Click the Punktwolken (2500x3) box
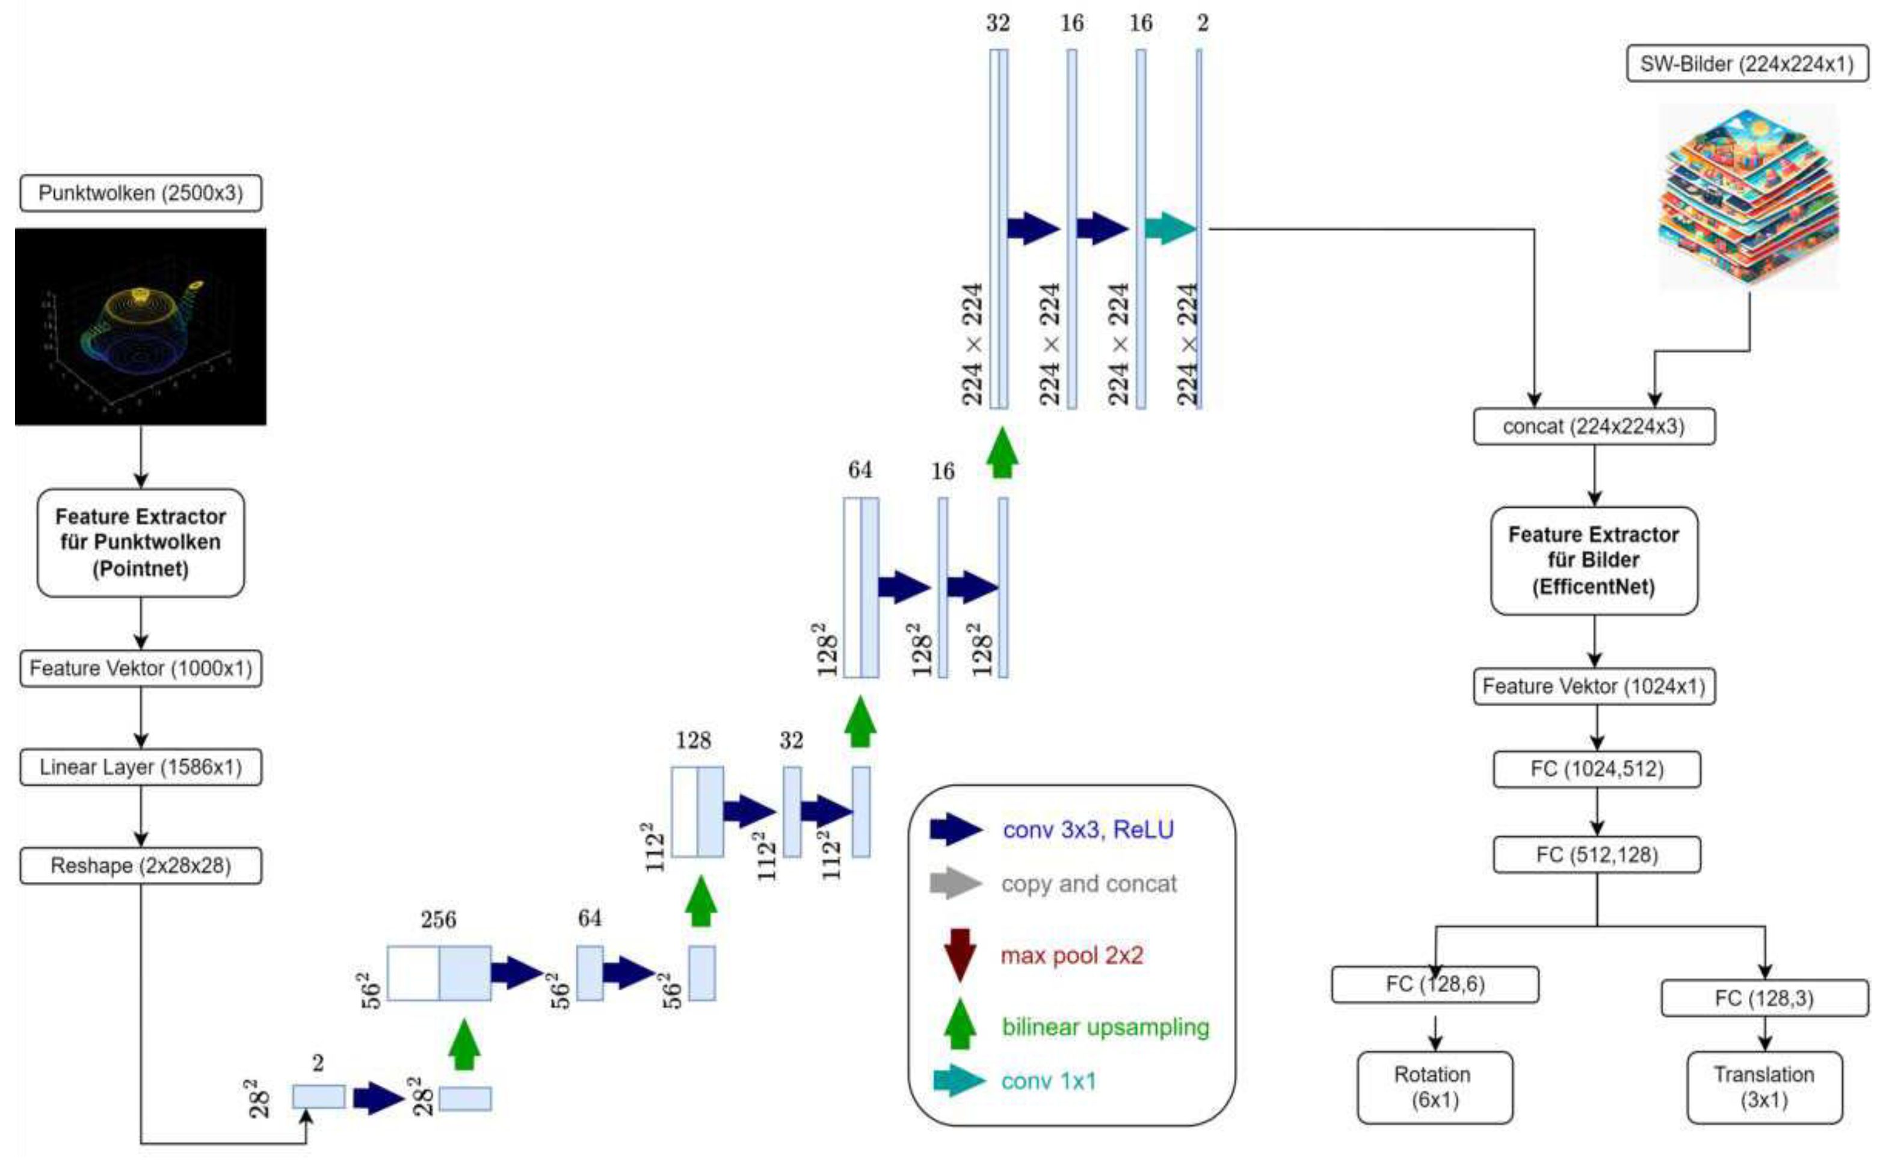[x=140, y=192]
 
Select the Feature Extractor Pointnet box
[x=140, y=542]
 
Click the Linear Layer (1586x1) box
[x=140, y=767]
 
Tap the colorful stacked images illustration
[x=1748, y=196]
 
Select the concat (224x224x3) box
[x=1594, y=426]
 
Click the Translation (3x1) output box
[x=1764, y=1087]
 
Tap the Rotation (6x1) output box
[x=1434, y=1087]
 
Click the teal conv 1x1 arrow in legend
[x=958, y=1080]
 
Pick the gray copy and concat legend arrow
[x=955, y=883]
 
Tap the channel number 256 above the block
[x=438, y=919]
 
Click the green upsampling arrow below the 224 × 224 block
[x=1002, y=454]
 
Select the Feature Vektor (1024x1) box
[x=1594, y=686]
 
